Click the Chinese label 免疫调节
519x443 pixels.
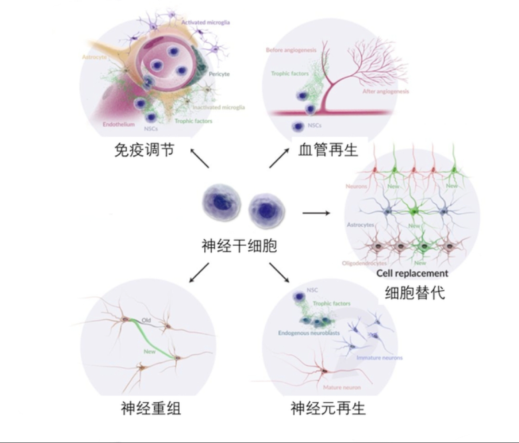pos(144,150)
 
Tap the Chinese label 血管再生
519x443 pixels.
pos(328,150)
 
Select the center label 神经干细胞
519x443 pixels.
pos(239,246)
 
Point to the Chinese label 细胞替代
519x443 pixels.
pos(415,293)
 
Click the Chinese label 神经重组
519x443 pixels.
pos(151,408)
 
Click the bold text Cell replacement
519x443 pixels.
pos(412,273)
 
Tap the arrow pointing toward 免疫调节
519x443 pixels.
pos(199,158)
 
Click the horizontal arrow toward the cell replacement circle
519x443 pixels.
pos(316,213)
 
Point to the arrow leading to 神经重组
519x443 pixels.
pos(199,273)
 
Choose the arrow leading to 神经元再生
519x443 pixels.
pos(279,273)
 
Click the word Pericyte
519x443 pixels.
pos(219,74)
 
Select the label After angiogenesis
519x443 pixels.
pos(385,91)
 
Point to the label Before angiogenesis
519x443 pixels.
pos(291,50)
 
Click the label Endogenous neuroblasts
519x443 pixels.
pos(309,333)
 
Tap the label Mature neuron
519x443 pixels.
pos(342,387)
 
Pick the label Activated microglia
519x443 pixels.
pos(205,22)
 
